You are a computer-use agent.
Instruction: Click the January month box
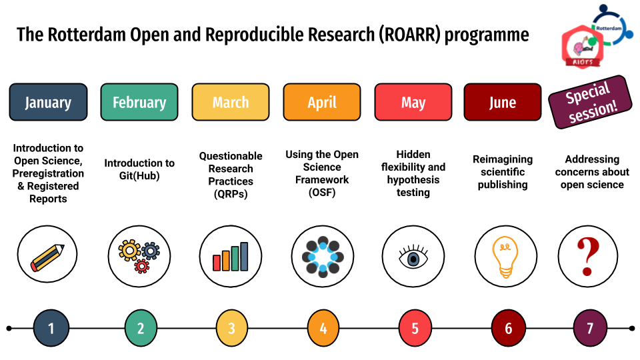coord(48,102)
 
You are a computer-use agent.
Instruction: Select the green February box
coord(139,102)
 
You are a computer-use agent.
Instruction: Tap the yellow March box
coord(231,102)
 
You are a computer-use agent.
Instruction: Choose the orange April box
coord(322,102)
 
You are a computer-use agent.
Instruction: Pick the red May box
coord(413,102)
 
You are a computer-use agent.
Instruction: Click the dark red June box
coord(502,102)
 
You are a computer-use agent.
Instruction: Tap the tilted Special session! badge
coord(590,102)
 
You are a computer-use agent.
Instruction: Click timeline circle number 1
coord(51,328)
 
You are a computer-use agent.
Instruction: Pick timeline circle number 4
coord(323,328)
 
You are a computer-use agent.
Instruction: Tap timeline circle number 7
coord(590,328)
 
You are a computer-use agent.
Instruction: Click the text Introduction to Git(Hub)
coord(139,169)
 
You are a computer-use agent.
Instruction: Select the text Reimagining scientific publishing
coord(503,172)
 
